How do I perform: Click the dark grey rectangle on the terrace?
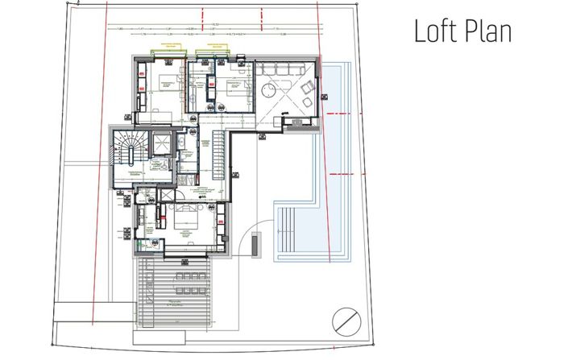click(255, 243)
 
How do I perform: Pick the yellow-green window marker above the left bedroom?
click(170, 48)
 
